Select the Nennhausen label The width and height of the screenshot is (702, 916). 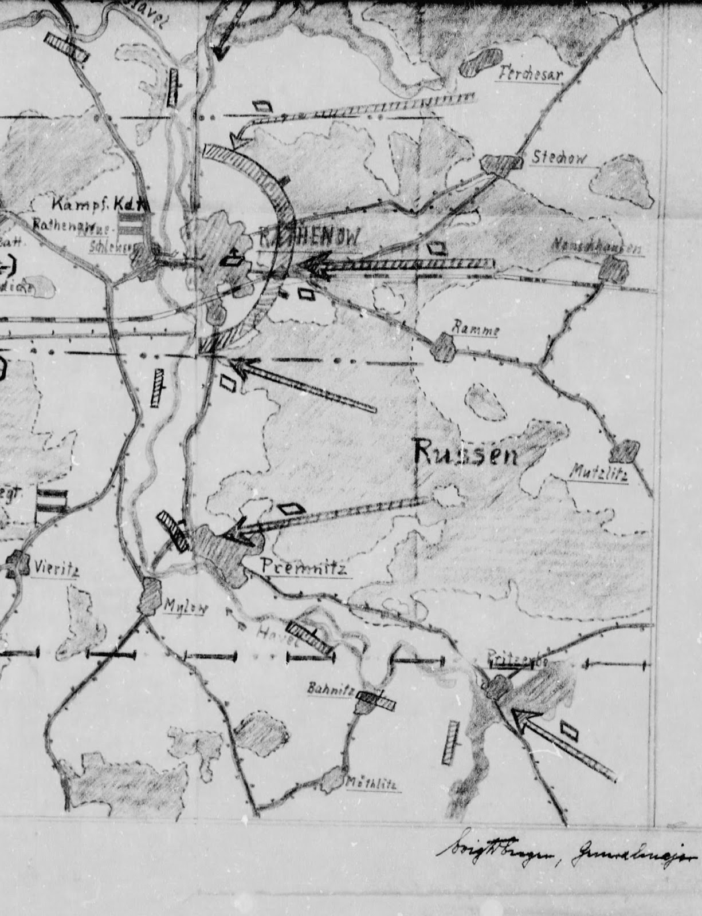596,247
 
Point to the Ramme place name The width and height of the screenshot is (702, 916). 476,330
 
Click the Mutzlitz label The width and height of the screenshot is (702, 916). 599,473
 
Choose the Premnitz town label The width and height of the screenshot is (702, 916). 304,567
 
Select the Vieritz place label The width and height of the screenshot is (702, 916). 55,568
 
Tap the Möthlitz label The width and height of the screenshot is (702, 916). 372,784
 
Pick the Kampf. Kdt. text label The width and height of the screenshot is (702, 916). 100,204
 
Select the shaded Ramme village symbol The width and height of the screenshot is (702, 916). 443,346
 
